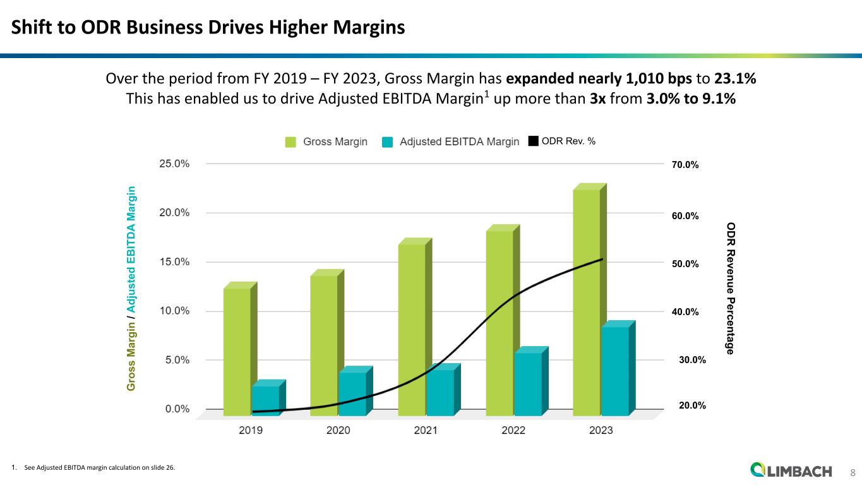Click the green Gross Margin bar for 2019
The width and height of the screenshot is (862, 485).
[x=237, y=351]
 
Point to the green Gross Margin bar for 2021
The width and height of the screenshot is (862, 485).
[x=412, y=329]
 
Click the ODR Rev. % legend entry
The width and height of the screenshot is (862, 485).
[x=561, y=142]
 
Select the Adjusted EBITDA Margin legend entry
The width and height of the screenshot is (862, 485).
[x=451, y=142]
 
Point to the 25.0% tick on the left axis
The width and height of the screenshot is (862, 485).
[x=174, y=164]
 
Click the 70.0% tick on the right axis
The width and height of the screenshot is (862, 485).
[x=685, y=165]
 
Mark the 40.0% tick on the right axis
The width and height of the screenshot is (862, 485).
[x=685, y=312]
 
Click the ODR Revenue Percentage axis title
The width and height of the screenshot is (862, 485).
[x=730, y=288]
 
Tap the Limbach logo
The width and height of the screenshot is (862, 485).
[x=792, y=470]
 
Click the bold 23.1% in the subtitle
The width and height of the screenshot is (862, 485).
[x=736, y=80]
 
